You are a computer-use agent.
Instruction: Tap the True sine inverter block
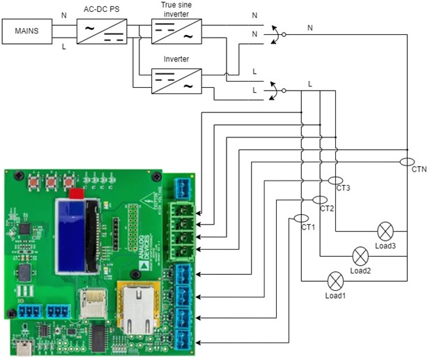pos(176,32)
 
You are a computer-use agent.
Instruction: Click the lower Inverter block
pos(176,82)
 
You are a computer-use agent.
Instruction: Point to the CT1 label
pos(308,227)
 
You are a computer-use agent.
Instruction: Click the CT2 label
pos(328,209)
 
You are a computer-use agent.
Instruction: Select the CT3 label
pos(343,188)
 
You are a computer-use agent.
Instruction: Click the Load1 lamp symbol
pos(336,281)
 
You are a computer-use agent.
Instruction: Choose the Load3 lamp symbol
pos(386,232)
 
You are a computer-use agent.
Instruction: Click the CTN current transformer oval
pos(407,162)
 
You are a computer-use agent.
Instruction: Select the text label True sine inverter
pos(176,8)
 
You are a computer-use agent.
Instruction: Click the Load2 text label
pos(360,271)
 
